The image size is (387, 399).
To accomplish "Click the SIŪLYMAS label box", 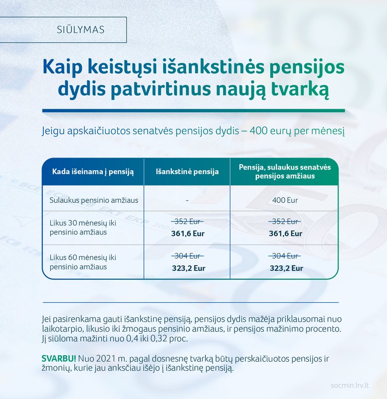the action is click(63, 29).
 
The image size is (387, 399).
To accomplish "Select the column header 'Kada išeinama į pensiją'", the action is click(93, 172).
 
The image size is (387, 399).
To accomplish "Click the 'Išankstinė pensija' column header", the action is click(187, 172).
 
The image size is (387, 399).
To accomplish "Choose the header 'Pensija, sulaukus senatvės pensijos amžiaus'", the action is click(285, 172).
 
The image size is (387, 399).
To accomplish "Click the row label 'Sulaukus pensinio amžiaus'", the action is click(94, 200).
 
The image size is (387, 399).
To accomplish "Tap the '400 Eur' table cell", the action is click(285, 200).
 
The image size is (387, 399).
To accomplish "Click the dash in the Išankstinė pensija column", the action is click(187, 200).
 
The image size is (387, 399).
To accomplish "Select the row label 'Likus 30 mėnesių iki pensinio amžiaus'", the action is click(83, 227).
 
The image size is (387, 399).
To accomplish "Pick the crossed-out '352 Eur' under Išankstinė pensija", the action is click(188, 221).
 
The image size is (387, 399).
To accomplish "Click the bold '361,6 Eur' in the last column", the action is click(285, 233).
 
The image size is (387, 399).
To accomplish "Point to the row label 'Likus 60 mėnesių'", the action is click(83, 257).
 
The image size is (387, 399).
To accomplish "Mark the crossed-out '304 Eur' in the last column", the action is click(285, 256).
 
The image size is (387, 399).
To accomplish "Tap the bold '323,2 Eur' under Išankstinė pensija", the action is click(189, 268).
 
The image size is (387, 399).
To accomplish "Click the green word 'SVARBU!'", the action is click(59, 359).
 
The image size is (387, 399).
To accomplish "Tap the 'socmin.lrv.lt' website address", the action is click(350, 385).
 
